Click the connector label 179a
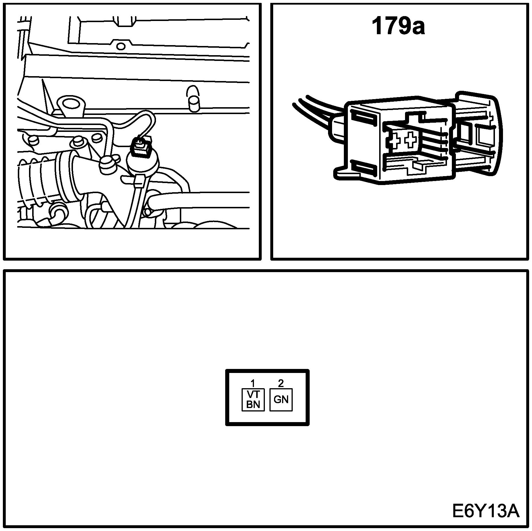(398, 27)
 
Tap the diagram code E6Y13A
(486, 511)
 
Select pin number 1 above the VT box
(253, 383)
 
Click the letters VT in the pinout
(253, 394)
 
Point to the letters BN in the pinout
(253, 404)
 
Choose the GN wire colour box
(281, 400)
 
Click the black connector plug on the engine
(141, 147)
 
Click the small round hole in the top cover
(121, 46)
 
